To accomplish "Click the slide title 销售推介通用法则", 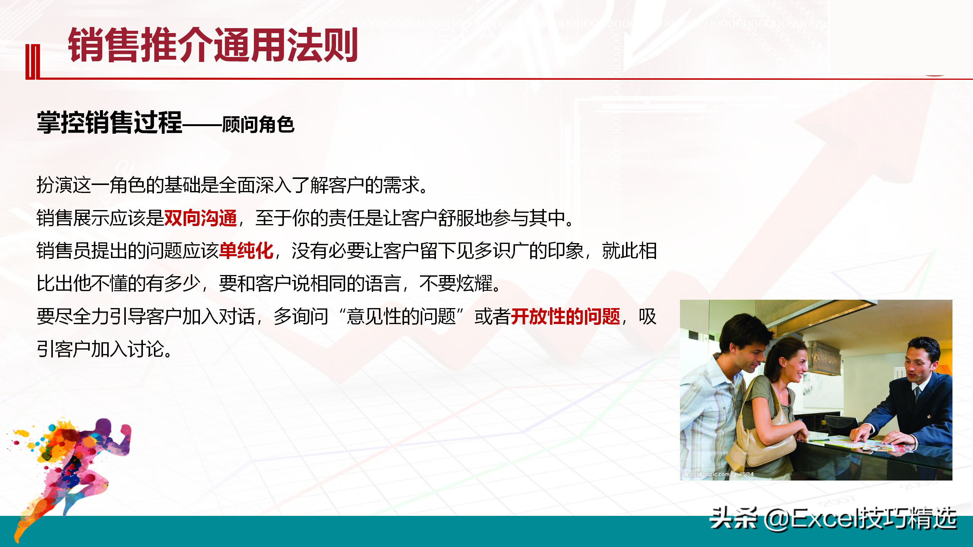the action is click(x=213, y=45).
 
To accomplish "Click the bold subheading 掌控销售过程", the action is click(x=110, y=122).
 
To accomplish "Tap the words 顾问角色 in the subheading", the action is click(x=258, y=125).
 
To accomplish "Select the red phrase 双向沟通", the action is click(x=200, y=218).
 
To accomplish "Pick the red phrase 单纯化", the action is click(x=246, y=251).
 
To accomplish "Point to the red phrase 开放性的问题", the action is click(x=566, y=316).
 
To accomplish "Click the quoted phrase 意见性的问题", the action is click(x=401, y=316).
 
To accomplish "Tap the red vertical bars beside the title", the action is click(x=33, y=62).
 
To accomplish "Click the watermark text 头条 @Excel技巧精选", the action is click(x=833, y=518).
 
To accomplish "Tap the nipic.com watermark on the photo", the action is click(x=718, y=474).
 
